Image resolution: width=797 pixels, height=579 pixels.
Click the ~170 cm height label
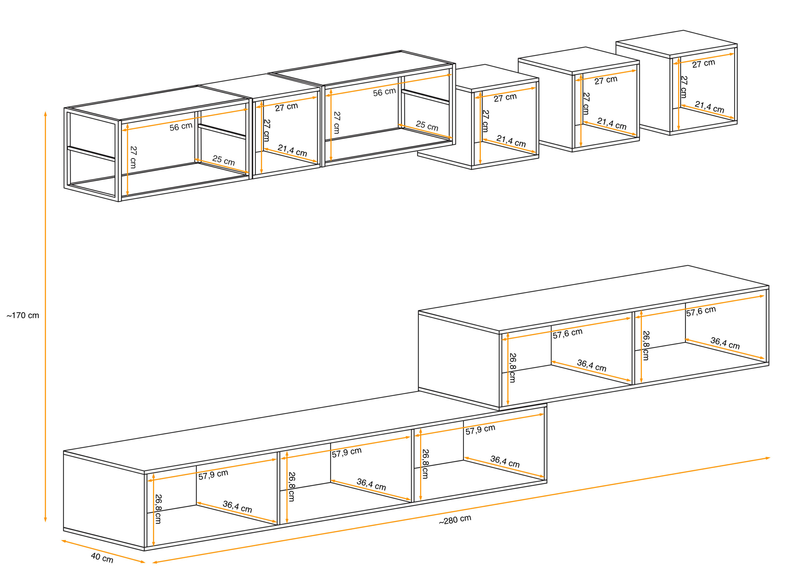(x=23, y=316)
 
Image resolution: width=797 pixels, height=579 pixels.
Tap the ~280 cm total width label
(x=455, y=520)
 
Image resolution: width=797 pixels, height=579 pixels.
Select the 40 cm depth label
(x=102, y=558)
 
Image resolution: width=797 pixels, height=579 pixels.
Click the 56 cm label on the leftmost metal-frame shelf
(x=181, y=127)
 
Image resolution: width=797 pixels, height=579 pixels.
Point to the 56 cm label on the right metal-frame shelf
(x=384, y=92)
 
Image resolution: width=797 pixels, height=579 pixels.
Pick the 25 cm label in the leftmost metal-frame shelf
(x=224, y=161)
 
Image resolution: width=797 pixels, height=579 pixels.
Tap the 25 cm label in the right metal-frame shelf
(x=427, y=126)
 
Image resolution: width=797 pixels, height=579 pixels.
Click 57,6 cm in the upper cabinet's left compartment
(x=568, y=333)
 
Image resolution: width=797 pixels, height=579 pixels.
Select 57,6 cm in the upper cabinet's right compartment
(x=701, y=311)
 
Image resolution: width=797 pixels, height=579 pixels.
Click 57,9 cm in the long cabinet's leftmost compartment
(x=213, y=475)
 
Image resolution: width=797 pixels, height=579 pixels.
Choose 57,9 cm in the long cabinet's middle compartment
(x=347, y=453)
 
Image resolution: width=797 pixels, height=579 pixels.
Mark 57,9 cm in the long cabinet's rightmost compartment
(x=480, y=430)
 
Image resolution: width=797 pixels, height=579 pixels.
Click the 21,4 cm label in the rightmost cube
(x=710, y=107)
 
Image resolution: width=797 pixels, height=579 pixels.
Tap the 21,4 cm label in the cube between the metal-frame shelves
(x=292, y=150)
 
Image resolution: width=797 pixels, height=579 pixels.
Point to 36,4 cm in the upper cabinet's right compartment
(x=725, y=343)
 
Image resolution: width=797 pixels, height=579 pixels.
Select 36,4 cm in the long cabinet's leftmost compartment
(x=237, y=507)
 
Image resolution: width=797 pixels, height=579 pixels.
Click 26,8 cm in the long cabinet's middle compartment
(x=292, y=487)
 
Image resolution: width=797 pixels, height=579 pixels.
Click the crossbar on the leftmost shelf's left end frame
(x=91, y=153)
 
